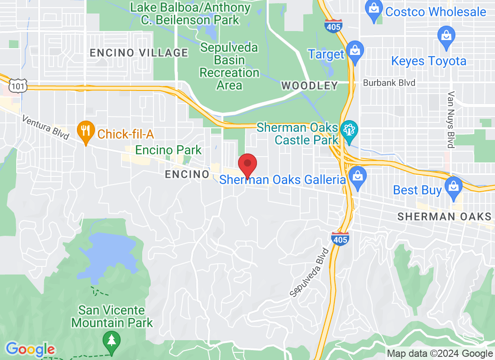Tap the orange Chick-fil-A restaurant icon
[x=85, y=131]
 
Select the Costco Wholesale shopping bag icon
[x=374, y=9]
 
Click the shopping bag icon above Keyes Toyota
[x=446, y=36]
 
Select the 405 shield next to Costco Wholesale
[x=333, y=26]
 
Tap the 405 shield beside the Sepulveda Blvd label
[x=340, y=238]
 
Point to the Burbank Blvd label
[x=389, y=83]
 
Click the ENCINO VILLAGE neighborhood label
[x=139, y=53]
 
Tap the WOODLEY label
[x=309, y=85]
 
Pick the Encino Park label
[x=168, y=150]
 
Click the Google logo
[x=30, y=349]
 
